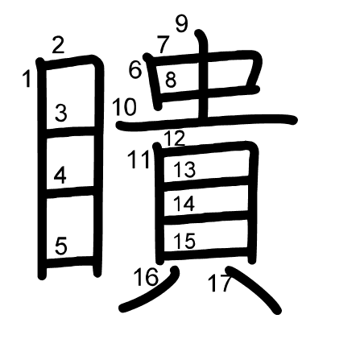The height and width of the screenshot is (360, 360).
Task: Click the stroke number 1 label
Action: tap(27, 78)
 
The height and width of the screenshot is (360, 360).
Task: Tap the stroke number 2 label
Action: tap(59, 45)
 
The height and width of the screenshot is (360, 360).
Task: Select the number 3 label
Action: tap(61, 113)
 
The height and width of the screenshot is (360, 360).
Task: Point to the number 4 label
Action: tap(60, 175)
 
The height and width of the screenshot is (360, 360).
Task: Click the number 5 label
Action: tap(61, 246)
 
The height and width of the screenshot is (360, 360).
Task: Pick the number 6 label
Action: tap(135, 70)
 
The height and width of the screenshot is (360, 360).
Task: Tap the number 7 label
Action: tap(163, 44)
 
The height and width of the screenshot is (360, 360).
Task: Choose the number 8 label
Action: tap(171, 80)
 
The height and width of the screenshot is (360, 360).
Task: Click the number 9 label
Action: tap(182, 23)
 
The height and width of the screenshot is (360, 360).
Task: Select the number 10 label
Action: tap(124, 107)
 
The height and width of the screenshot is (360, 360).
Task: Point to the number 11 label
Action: tap(139, 159)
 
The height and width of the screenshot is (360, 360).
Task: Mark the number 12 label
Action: tap(175, 139)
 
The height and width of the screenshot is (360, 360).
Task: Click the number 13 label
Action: tap(184, 170)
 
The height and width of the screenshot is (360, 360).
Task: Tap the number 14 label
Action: tap(184, 204)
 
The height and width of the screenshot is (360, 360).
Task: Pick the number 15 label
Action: tap(184, 241)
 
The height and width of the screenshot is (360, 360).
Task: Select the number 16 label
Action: tap(146, 277)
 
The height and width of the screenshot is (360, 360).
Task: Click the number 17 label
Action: tap(220, 283)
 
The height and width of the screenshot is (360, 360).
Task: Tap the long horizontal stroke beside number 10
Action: tap(207, 122)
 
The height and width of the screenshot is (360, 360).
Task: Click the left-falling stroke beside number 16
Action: tap(153, 291)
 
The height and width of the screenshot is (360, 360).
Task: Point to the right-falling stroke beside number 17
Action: tap(254, 288)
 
